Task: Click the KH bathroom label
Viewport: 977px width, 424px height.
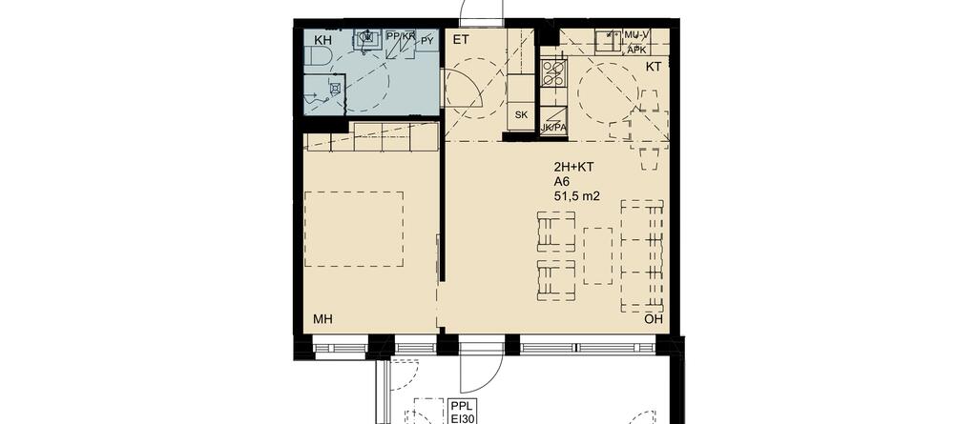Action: tap(322, 40)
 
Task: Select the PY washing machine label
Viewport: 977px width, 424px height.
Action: tap(426, 41)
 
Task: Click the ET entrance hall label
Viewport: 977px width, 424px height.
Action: tap(461, 40)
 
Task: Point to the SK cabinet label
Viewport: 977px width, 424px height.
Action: tap(522, 115)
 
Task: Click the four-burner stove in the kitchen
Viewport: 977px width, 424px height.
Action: tap(554, 72)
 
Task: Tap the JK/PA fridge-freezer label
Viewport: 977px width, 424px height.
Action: tap(554, 128)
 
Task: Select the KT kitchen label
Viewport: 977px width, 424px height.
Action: tap(653, 68)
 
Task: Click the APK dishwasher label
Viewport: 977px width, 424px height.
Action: tap(636, 50)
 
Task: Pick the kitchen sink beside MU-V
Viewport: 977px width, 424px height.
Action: tap(606, 42)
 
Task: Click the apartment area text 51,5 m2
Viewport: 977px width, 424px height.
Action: tap(576, 196)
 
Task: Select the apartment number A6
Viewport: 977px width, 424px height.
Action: tap(561, 182)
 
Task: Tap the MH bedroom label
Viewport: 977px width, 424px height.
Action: tap(322, 319)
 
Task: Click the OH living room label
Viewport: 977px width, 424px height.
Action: tap(653, 319)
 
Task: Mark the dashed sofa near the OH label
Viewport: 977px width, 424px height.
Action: tap(642, 256)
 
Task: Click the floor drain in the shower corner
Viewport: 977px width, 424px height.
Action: tap(335, 89)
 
